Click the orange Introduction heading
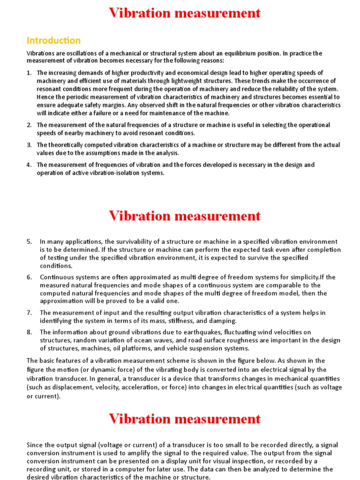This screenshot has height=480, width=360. tap(53, 40)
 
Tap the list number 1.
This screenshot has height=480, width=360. tap(29, 73)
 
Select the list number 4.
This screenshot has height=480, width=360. tap(29, 165)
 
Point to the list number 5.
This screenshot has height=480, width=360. tap(29, 241)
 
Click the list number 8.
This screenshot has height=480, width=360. tap(29, 332)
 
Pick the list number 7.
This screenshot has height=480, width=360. tap(29, 312)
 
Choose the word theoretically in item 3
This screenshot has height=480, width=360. tap(68, 145)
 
